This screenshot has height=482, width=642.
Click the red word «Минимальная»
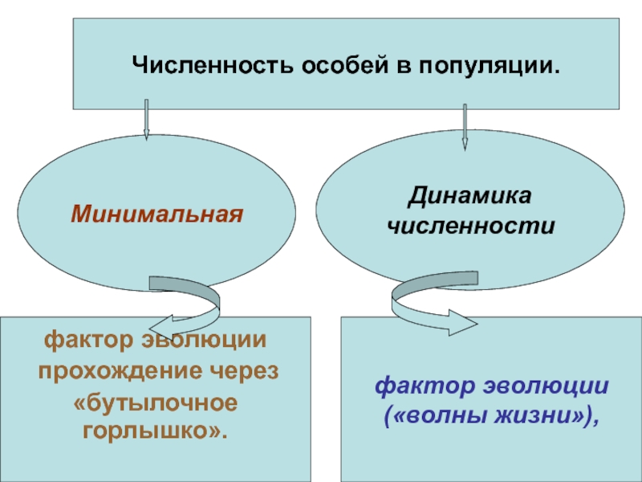(x=156, y=215)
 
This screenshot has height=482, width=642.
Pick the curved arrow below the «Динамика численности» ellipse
(x=429, y=310)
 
